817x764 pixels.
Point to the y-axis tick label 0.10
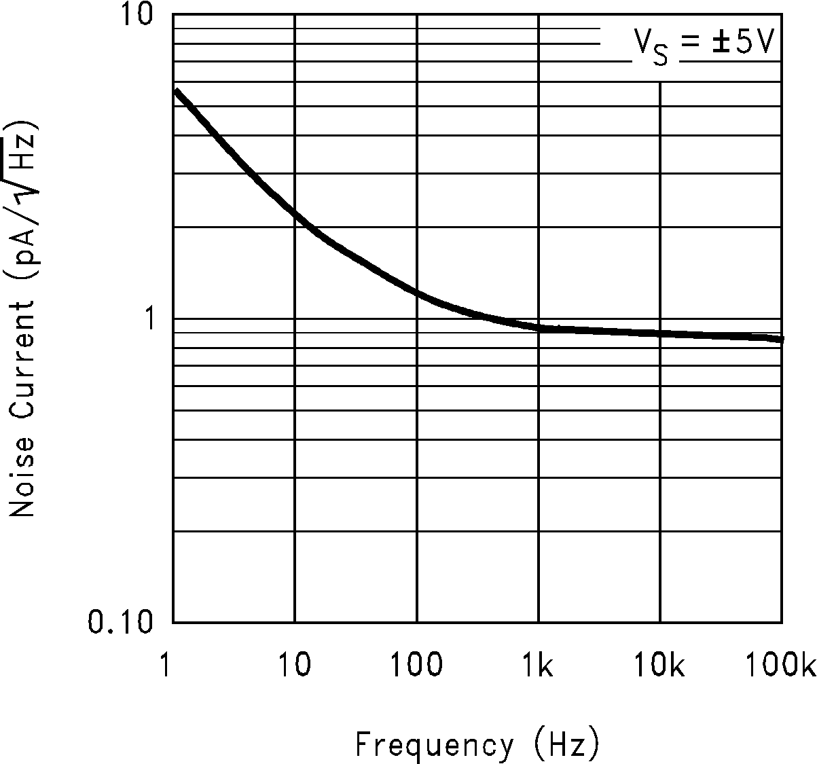(x=120, y=621)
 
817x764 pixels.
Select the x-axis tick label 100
(x=416, y=665)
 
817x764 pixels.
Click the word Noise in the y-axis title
(x=22, y=476)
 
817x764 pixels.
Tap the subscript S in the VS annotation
(x=659, y=58)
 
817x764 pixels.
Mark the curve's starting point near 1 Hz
(x=177, y=90)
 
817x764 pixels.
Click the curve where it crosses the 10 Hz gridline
(x=295, y=213)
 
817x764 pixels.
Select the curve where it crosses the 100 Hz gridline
(x=416, y=293)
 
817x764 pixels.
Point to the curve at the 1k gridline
(x=539, y=327)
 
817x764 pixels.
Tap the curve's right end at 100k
(x=781, y=338)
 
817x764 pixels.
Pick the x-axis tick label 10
(x=294, y=665)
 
